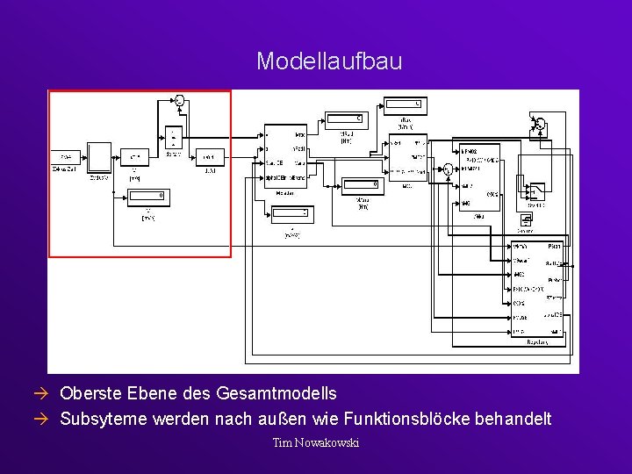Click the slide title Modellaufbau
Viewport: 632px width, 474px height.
(329, 61)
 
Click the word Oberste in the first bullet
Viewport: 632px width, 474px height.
(90, 394)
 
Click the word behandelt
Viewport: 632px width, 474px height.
(514, 419)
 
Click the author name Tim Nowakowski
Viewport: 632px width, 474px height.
(316, 442)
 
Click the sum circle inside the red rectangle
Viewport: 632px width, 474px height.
(180, 100)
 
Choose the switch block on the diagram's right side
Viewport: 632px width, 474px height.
(534, 188)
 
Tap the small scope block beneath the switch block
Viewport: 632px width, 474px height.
(526, 219)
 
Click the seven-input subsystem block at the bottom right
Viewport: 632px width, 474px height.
(537, 289)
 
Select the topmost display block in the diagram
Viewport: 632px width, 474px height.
(406, 105)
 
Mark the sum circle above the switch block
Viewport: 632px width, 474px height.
(540, 124)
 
